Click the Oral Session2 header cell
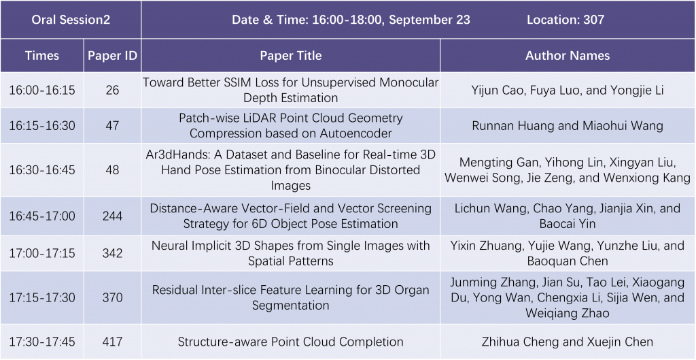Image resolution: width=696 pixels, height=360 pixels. pyautogui.click(x=71, y=20)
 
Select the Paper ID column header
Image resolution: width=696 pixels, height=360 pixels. pyautogui.click(x=112, y=56)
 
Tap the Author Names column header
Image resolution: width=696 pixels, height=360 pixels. pyautogui.click(x=568, y=56)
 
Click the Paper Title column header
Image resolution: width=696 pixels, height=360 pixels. pyautogui.click(x=291, y=56)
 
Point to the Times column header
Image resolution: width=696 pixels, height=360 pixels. pyautogui.click(x=42, y=56)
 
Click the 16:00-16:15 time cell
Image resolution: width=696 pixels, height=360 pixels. pyautogui.click(x=42, y=90)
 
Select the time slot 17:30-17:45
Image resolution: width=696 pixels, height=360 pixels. pyautogui.click(x=42, y=342)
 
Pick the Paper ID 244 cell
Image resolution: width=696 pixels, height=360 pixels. pyautogui.click(x=112, y=216)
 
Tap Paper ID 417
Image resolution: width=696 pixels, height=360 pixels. pyautogui.click(x=112, y=342)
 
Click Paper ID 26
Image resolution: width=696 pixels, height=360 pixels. pyautogui.click(x=112, y=90)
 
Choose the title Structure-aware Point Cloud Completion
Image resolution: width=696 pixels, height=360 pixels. pyautogui.click(x=291, y=342)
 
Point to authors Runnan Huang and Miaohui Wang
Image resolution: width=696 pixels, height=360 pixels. pyautogui.click(x=568, y=125)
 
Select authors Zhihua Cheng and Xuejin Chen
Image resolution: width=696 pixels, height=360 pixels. pyautogui.click(x=568, y=342)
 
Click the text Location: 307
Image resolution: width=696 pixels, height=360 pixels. pyautogui.click(x=565, y=20)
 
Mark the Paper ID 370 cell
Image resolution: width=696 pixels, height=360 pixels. pyautogui.click(x=112, y=297)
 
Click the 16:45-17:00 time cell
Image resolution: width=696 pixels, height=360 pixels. pyautogui.click(x=42, y=216)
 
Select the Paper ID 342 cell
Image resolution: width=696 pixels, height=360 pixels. pyautogui.click(x=112, y=253)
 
